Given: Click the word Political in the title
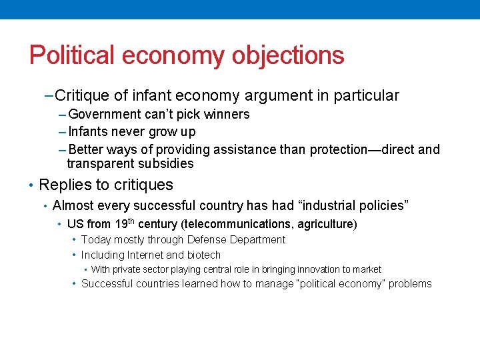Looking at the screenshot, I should pos(69,55).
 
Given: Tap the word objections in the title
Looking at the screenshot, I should pos(288,55).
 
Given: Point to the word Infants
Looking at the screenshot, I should pos(91,131).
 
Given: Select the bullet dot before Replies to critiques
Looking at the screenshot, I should pos(31,185).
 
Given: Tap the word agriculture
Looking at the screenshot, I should pos(324,225).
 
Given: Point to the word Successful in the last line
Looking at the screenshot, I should pos(107,284).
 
